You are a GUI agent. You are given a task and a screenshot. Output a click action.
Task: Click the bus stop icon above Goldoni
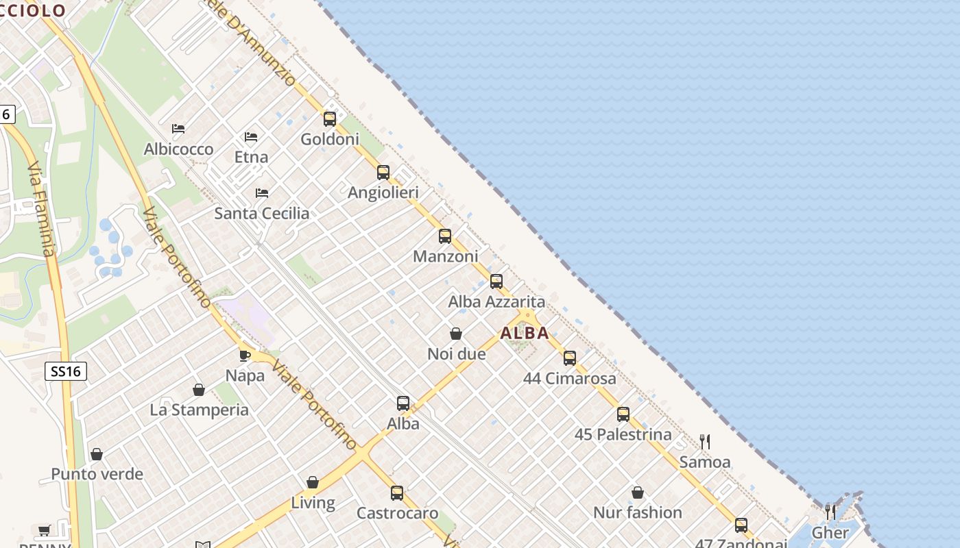[x=330, y=119]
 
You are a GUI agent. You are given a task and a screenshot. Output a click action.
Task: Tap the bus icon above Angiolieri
[x=383, y=173]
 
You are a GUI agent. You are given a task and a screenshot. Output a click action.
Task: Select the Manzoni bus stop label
[x=445, y=256]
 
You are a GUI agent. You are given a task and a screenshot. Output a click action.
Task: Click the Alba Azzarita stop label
[x=496, y=301]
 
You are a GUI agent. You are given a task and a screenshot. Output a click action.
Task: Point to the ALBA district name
[x=525, y=334]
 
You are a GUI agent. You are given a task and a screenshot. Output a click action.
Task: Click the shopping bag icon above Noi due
[x=456, y=334]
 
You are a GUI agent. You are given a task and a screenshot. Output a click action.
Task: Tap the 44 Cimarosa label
[x=569, y=378]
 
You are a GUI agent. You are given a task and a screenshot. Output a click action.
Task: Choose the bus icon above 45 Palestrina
[x=623, y=414]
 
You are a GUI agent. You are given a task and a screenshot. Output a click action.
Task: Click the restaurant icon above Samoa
[x=705, y=442]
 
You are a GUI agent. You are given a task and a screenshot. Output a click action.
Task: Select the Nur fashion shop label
[x=637, y=512]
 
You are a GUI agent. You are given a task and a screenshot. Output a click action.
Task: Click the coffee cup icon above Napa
[x=245, y=356]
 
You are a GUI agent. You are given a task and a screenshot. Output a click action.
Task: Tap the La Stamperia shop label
[x=199, y=410]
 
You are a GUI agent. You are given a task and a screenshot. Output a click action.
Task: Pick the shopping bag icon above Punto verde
[x=97, y=454]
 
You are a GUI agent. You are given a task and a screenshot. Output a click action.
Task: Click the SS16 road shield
[x=66, y=372]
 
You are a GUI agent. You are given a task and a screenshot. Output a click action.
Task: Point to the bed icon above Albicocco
[x=178, y=129]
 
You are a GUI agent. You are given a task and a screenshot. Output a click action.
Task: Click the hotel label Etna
[x=251, y=157]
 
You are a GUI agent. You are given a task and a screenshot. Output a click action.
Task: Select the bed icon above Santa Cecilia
[x=262, y=193]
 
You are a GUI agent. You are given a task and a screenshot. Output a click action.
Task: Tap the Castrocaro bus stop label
[x=397, y=513]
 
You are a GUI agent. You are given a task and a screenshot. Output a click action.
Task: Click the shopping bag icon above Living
[x=313, y=482]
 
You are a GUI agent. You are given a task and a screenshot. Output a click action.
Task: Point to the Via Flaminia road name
[x=41, y=209]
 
